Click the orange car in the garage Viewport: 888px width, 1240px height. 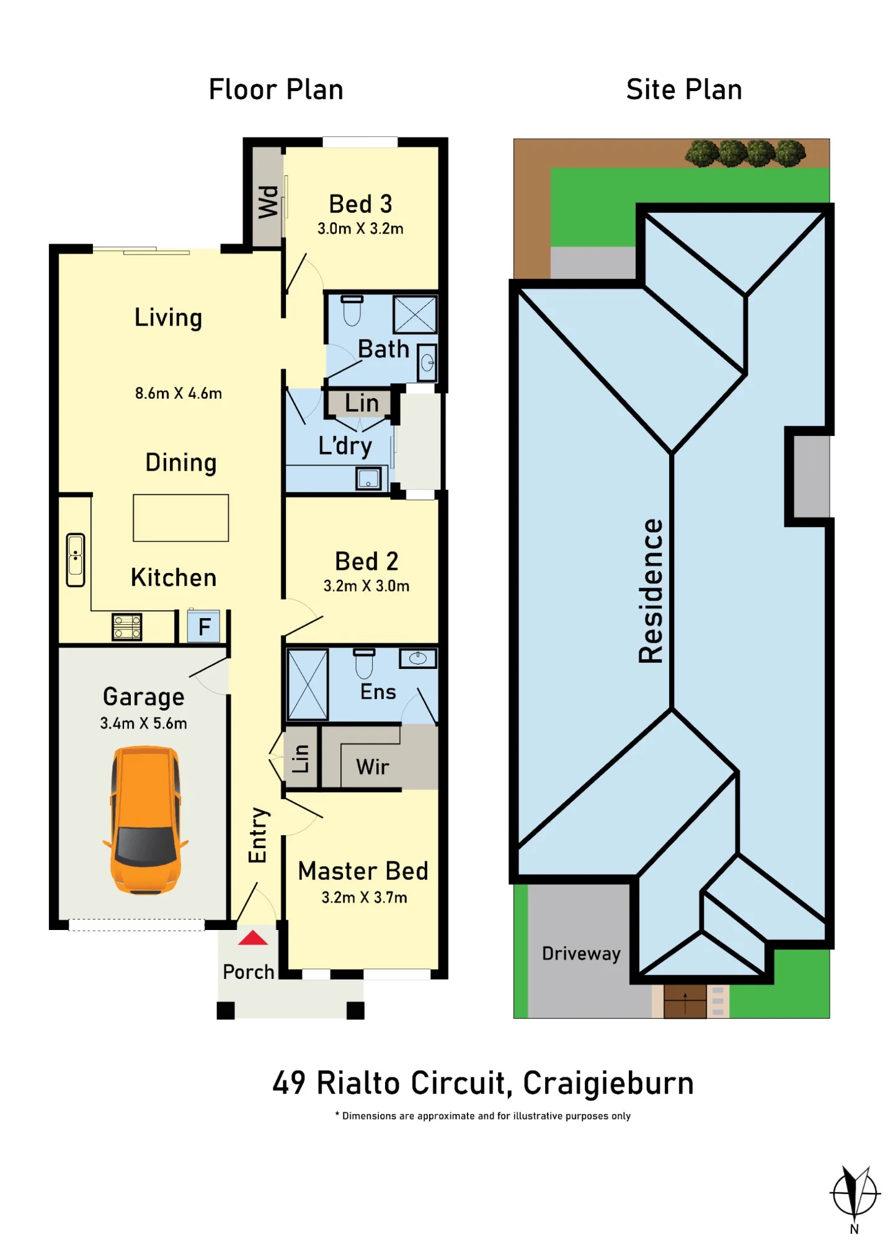click(x=145, y=820)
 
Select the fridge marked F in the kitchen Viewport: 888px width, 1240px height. click(x=204, y=627)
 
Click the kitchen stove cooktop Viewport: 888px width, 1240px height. click(x=127, y=626)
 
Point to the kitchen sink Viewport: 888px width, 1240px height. click(x=76, y=560)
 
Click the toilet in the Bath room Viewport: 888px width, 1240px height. click(x=352, y=310)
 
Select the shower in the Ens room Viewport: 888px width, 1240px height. click(x=308, y=684)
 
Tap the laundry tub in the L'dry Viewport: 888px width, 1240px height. click(x=368, y=479)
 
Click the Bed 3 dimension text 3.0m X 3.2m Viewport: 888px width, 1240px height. click(x=360, y=229)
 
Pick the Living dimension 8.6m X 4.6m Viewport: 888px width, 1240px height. click(x=179, y=393)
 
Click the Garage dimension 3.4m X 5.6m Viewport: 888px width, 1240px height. click(x=143, y=723)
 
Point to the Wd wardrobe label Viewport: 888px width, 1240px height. click(x=269, y=202)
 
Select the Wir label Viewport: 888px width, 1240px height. click(x=373, y=767)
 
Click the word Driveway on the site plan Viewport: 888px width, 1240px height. click(x=581, y=954)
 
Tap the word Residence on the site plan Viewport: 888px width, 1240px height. click(x=651, y=591)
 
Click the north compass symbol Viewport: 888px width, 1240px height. click(x=855, y=1193)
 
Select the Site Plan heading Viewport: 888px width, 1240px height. click(x=684, y=89)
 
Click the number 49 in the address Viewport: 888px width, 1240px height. click(x=289, y=1083)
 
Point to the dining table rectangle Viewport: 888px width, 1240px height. click(x=181, y=518)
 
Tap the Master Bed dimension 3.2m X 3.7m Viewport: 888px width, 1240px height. click(x=364, y=897)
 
